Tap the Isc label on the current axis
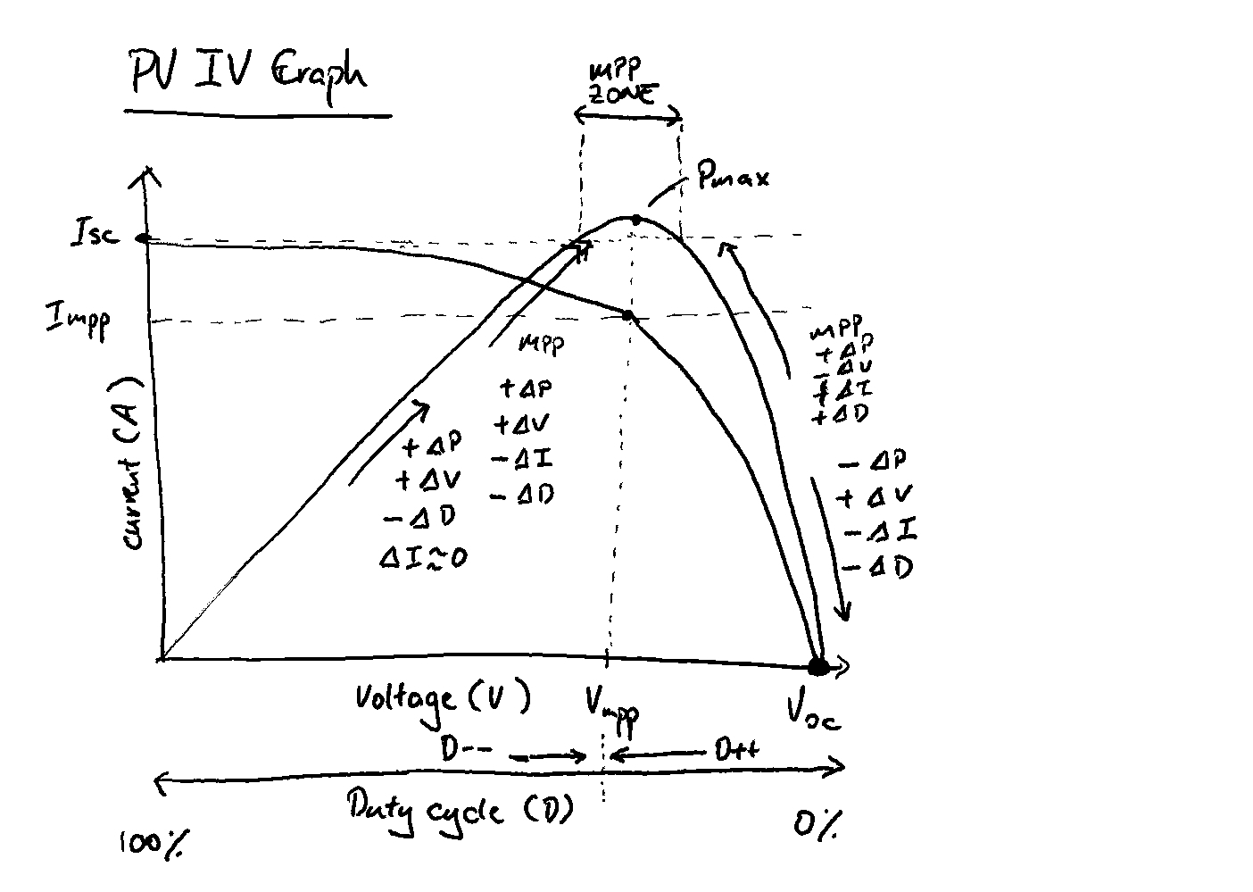(x=94, y=236)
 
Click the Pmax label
(x=734, y=177)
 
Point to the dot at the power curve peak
(x=635, y=219)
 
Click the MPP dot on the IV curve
(x=627, y=315)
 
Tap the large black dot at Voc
(x=817, y=666)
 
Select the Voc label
(x=812, y=711)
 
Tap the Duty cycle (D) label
(x=459, y=809)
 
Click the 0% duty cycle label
(x=816, y=825)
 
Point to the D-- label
(x=466, y=749)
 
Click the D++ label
(x=736, y=750)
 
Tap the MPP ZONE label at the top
(x=624, y=83)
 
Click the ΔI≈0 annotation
(x=423, y=558)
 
